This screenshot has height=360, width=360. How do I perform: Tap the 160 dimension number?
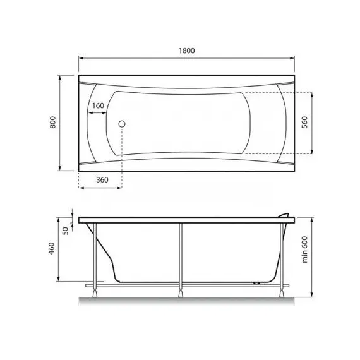point(98,105)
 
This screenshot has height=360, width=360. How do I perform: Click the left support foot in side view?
point(95,291)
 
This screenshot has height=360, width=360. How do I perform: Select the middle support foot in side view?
point(182,291)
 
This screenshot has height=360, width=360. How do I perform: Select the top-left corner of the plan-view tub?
point(78,78)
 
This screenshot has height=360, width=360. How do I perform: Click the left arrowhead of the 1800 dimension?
point(80,58)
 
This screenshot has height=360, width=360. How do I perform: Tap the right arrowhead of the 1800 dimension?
point(294,58)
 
